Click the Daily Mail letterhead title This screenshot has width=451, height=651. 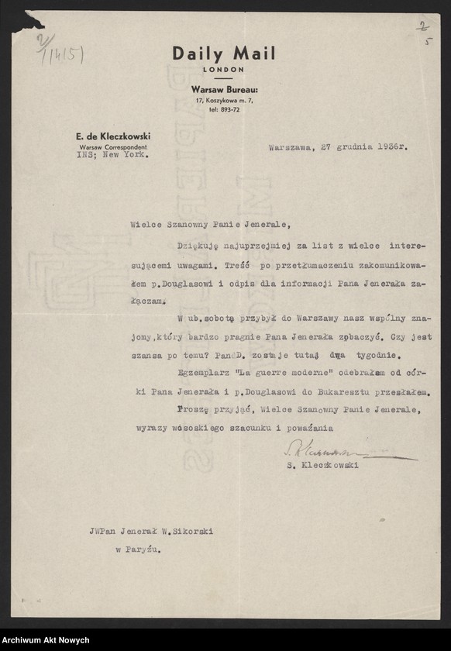coord(223,53)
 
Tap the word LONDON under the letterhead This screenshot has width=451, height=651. coord(223,70)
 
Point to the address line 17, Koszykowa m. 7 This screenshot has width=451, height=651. coord(224,101)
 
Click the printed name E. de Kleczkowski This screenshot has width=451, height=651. coord(112,136)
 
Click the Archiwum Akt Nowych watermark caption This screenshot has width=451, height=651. coord(45,641)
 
